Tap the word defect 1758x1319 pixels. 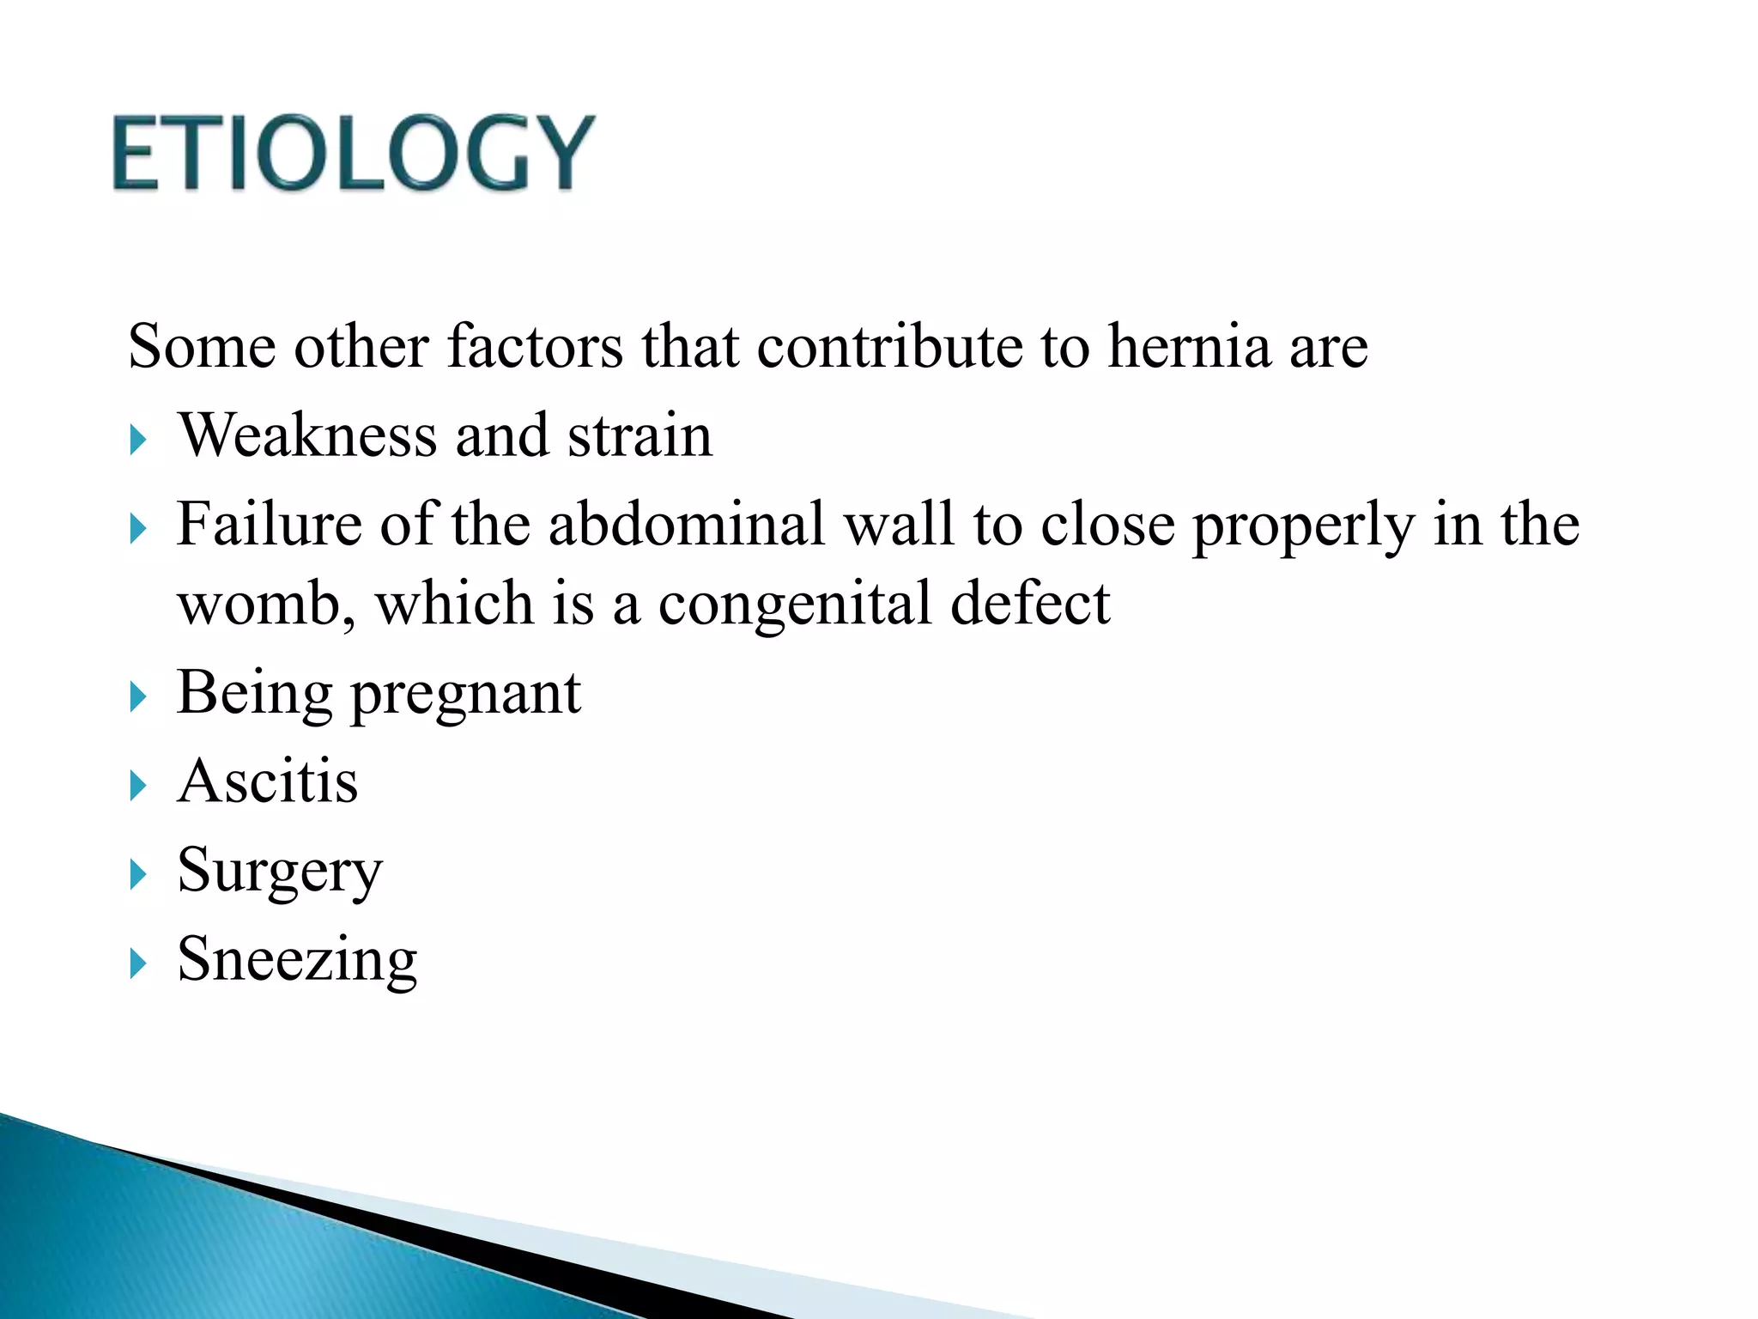pos(1030,604)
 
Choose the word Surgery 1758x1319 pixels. pos(280,871)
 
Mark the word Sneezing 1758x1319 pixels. pos(297,959)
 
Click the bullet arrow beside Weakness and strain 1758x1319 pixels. pos(138,441)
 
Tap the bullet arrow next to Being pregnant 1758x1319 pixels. pos(138,697)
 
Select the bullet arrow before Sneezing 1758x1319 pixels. pos(138,964)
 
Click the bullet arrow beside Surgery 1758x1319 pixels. pos(138,875)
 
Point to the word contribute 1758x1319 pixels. pos(889,346)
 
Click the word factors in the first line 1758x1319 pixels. pos(536,346)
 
